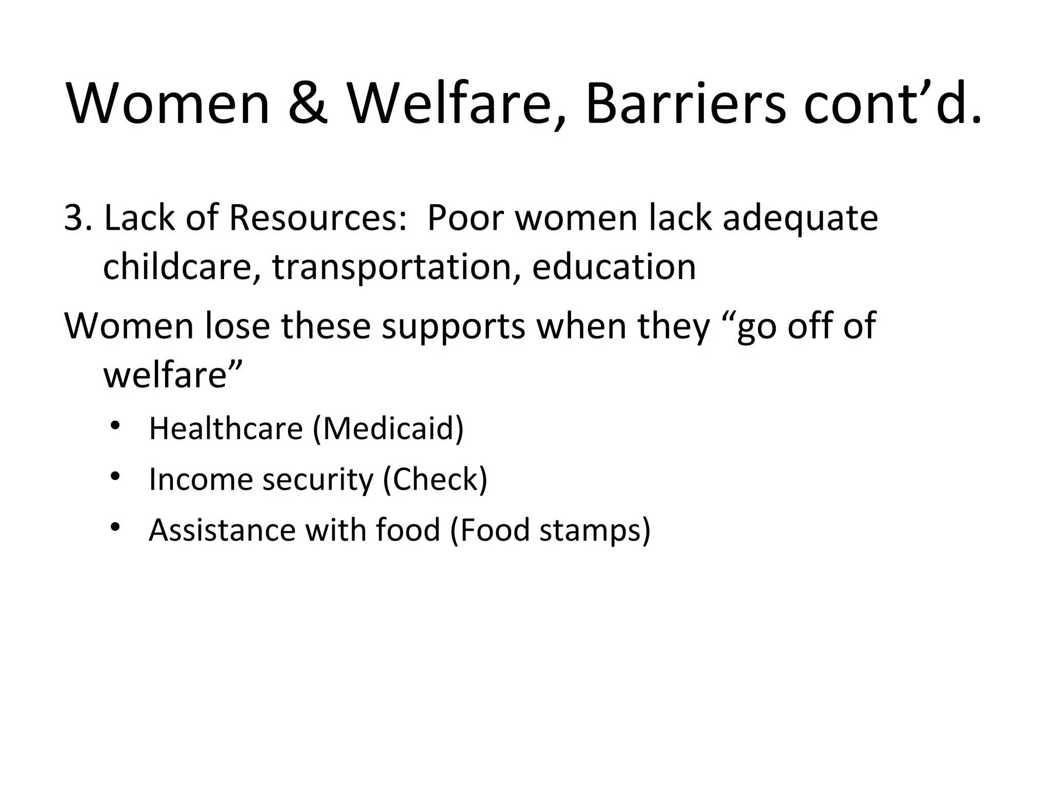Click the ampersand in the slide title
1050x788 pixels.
click(308, 104)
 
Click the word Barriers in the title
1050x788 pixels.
click(685, 104)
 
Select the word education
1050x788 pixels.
click(614, 268)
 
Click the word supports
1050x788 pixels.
click(454, 327)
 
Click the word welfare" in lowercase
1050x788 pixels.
click(172, 375)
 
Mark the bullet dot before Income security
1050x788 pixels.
click(114, 476)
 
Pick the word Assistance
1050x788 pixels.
click(222, 530)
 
